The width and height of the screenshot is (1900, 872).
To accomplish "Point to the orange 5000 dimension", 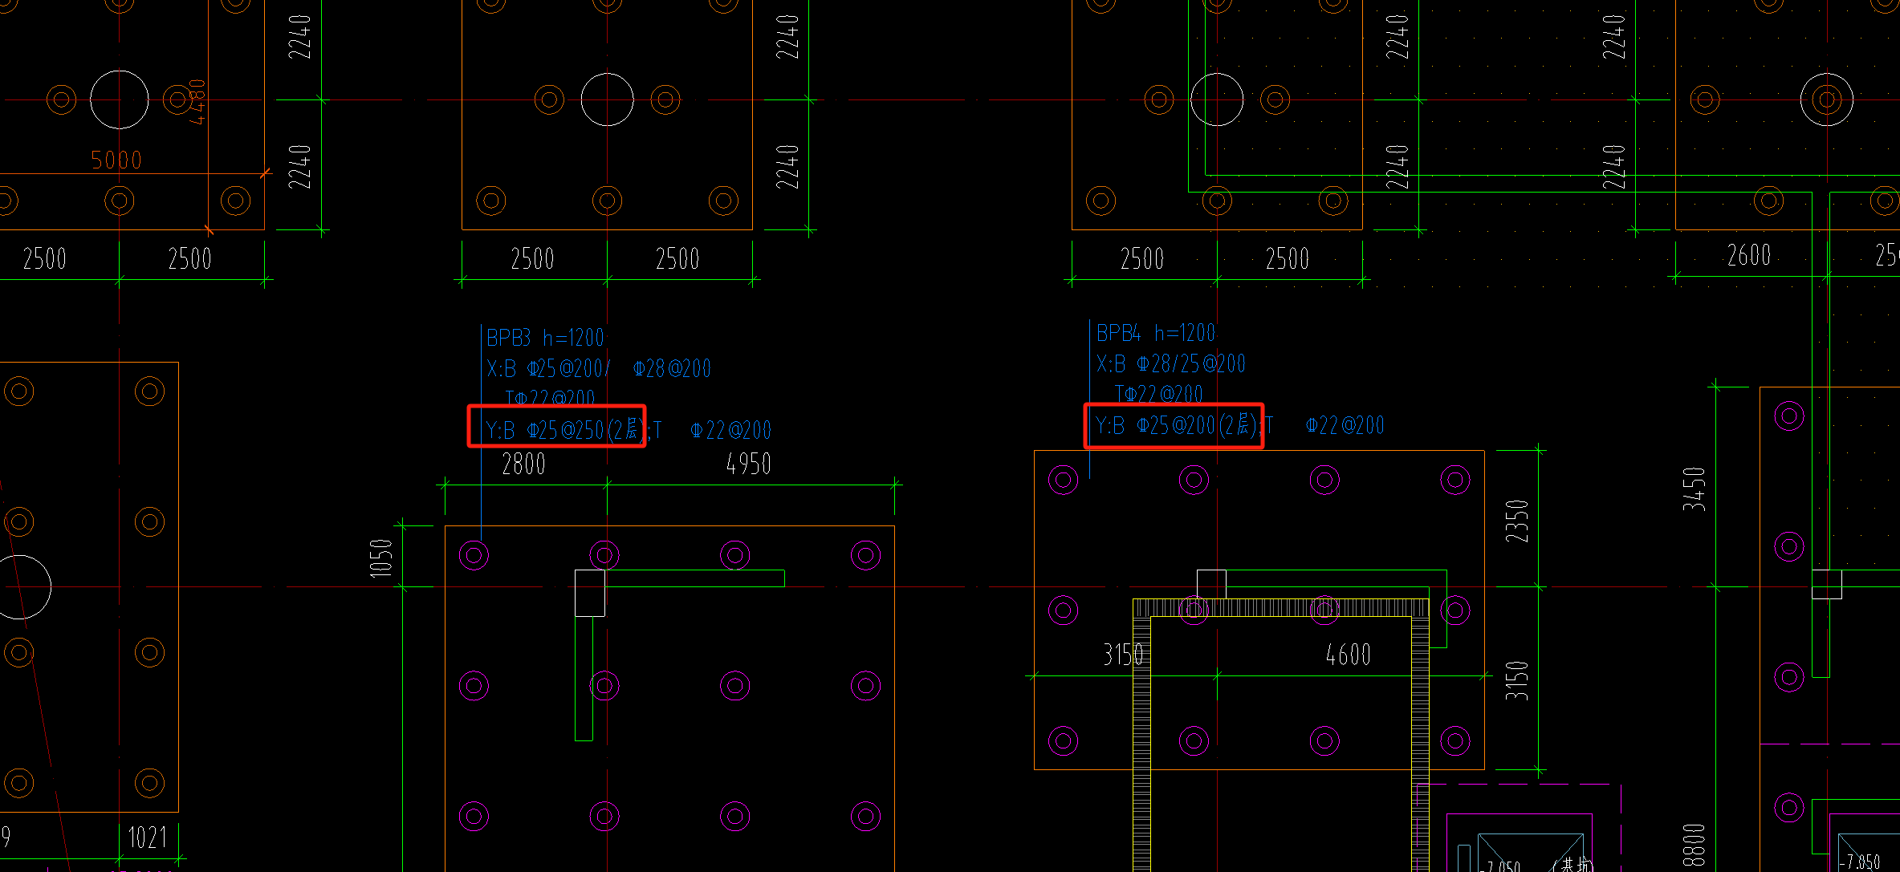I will click(116, 160).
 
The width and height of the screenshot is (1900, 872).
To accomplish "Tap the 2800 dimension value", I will click(523, 464).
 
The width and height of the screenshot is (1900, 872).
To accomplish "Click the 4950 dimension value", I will click(748, 464).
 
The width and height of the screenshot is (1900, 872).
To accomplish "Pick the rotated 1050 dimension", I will click(381, 558).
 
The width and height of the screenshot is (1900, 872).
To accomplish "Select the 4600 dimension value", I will click(1348, 655).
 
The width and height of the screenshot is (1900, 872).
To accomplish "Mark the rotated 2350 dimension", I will click(1516, 521).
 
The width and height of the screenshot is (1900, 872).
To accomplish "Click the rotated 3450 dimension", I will click(1694, 489).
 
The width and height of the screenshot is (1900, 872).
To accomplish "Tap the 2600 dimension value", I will click(1749, 256).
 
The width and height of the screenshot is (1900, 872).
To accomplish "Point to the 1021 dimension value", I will click(148, 838).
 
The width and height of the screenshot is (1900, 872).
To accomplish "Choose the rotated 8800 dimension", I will click(1694, 845).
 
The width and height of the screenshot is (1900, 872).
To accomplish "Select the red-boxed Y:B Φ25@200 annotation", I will click(1174, 425).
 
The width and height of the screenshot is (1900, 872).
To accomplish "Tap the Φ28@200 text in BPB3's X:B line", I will click(672, 369).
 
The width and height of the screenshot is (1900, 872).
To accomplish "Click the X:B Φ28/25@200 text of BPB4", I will click(1171, 364).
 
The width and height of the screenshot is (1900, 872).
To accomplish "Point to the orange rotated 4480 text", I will click(197, 102).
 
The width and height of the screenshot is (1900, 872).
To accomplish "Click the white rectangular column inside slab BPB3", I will click(590, 593).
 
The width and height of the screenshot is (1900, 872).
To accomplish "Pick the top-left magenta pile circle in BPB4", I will click(1064, 480).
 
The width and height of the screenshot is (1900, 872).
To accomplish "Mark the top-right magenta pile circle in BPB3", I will click(865, 554).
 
